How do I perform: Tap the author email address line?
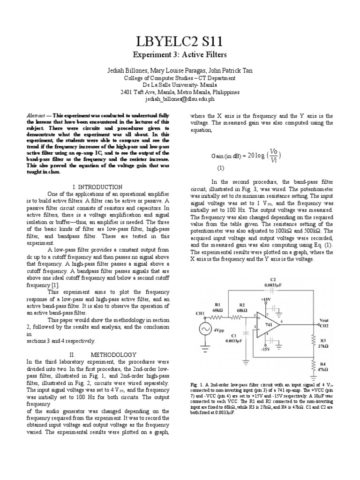180,99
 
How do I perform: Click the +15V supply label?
265,298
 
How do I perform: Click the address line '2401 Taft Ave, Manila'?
180,92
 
